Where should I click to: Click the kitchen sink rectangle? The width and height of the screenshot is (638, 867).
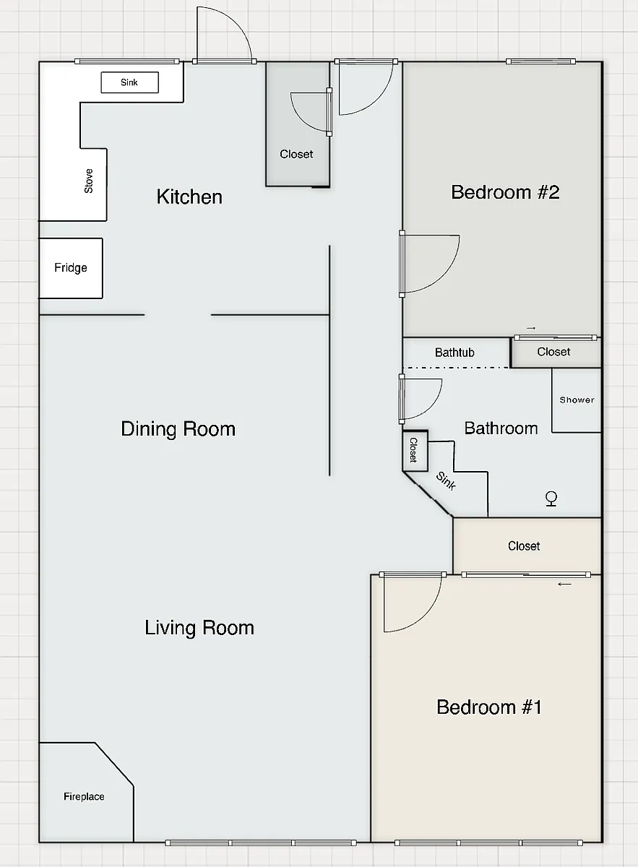coord(129,82)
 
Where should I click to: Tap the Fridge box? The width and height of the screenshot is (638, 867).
coord(71,268)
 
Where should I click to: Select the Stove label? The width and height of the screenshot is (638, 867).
coord(89,181)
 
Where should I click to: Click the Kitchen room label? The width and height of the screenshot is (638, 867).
coord(189,197)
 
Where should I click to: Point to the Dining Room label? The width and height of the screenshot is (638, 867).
coord(178,429)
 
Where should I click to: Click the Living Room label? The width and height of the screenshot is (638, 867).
coord(199,628)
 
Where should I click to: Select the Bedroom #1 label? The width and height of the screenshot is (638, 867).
coord(489,707)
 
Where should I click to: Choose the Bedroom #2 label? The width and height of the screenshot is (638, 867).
coord(505,192)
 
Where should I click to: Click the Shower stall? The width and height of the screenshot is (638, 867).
coord(577,400)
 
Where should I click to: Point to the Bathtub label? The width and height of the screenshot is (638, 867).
coord(454,353)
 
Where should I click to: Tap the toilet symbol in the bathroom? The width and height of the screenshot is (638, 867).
coord(551,499)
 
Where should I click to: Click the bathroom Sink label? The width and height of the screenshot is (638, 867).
coord(446,480)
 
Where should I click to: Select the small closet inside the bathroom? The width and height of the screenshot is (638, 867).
coord(415,451)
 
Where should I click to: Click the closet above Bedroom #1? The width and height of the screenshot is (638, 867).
coord(527,545)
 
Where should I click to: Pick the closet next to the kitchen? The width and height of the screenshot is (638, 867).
coord(297,124)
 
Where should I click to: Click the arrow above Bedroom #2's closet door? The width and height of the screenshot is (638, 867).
coord(531,328)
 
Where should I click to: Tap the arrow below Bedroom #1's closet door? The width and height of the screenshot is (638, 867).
coord(565,584)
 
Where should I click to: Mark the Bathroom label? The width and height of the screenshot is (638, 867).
coord(501,428)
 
